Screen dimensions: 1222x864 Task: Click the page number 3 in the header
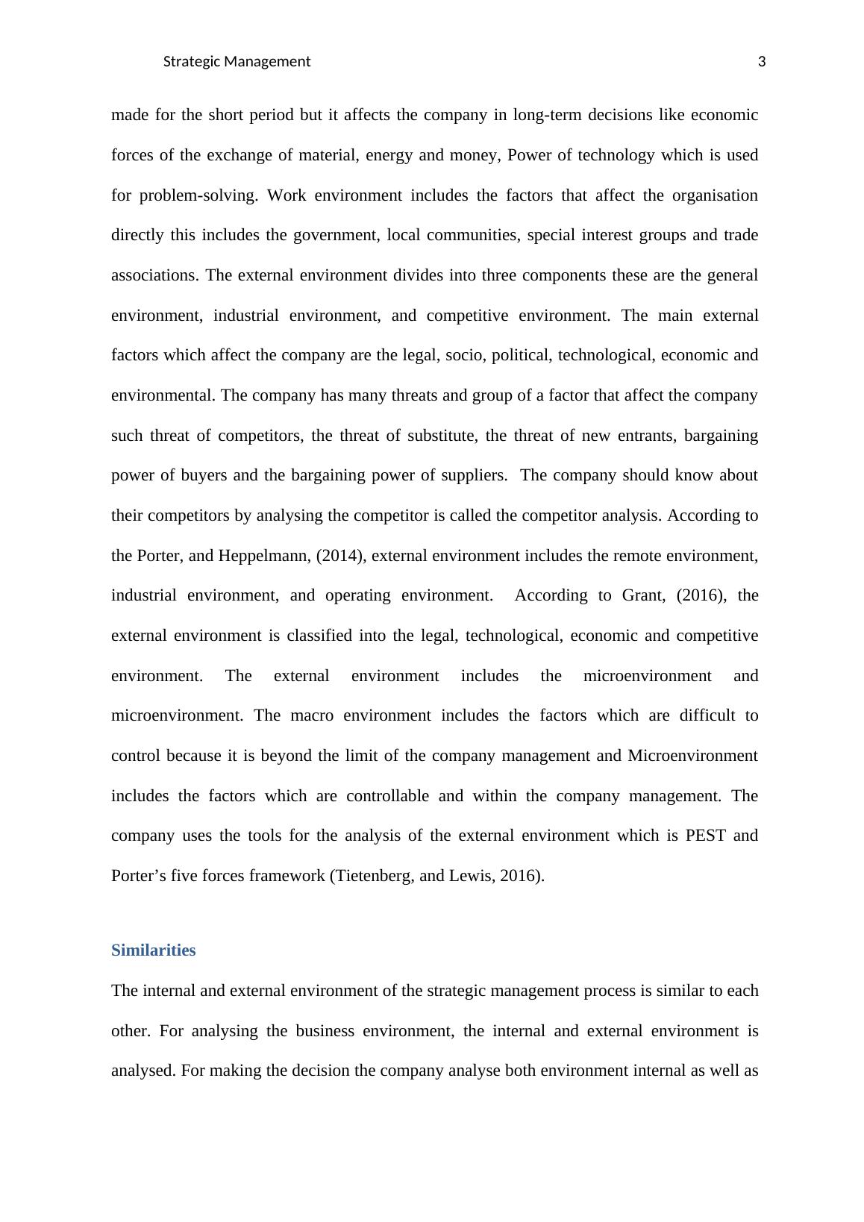(762, 62)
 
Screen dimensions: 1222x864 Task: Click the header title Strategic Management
(236, 62)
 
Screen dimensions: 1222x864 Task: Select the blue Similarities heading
(153, 950)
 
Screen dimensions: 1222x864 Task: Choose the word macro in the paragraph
(313, 715)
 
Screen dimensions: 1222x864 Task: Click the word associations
(154, 275)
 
